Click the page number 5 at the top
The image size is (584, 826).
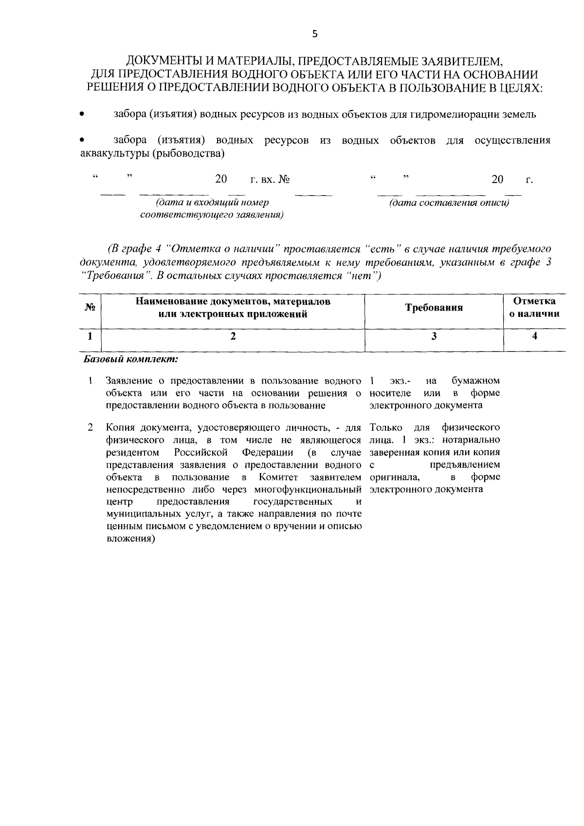click(314, 34)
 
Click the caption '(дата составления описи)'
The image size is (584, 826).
click(448, 203)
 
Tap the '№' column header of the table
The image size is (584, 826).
click(90, 308)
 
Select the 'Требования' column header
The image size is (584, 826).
click(434, 308)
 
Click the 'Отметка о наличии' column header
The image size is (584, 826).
click(534, 308)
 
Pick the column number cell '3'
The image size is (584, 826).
click(434, 336)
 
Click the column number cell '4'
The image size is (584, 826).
click(534, 336)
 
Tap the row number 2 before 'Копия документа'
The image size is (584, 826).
click(91, 428)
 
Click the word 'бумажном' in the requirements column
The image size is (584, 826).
click(475, 381)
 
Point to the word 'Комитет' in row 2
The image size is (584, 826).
click(278, 477)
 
